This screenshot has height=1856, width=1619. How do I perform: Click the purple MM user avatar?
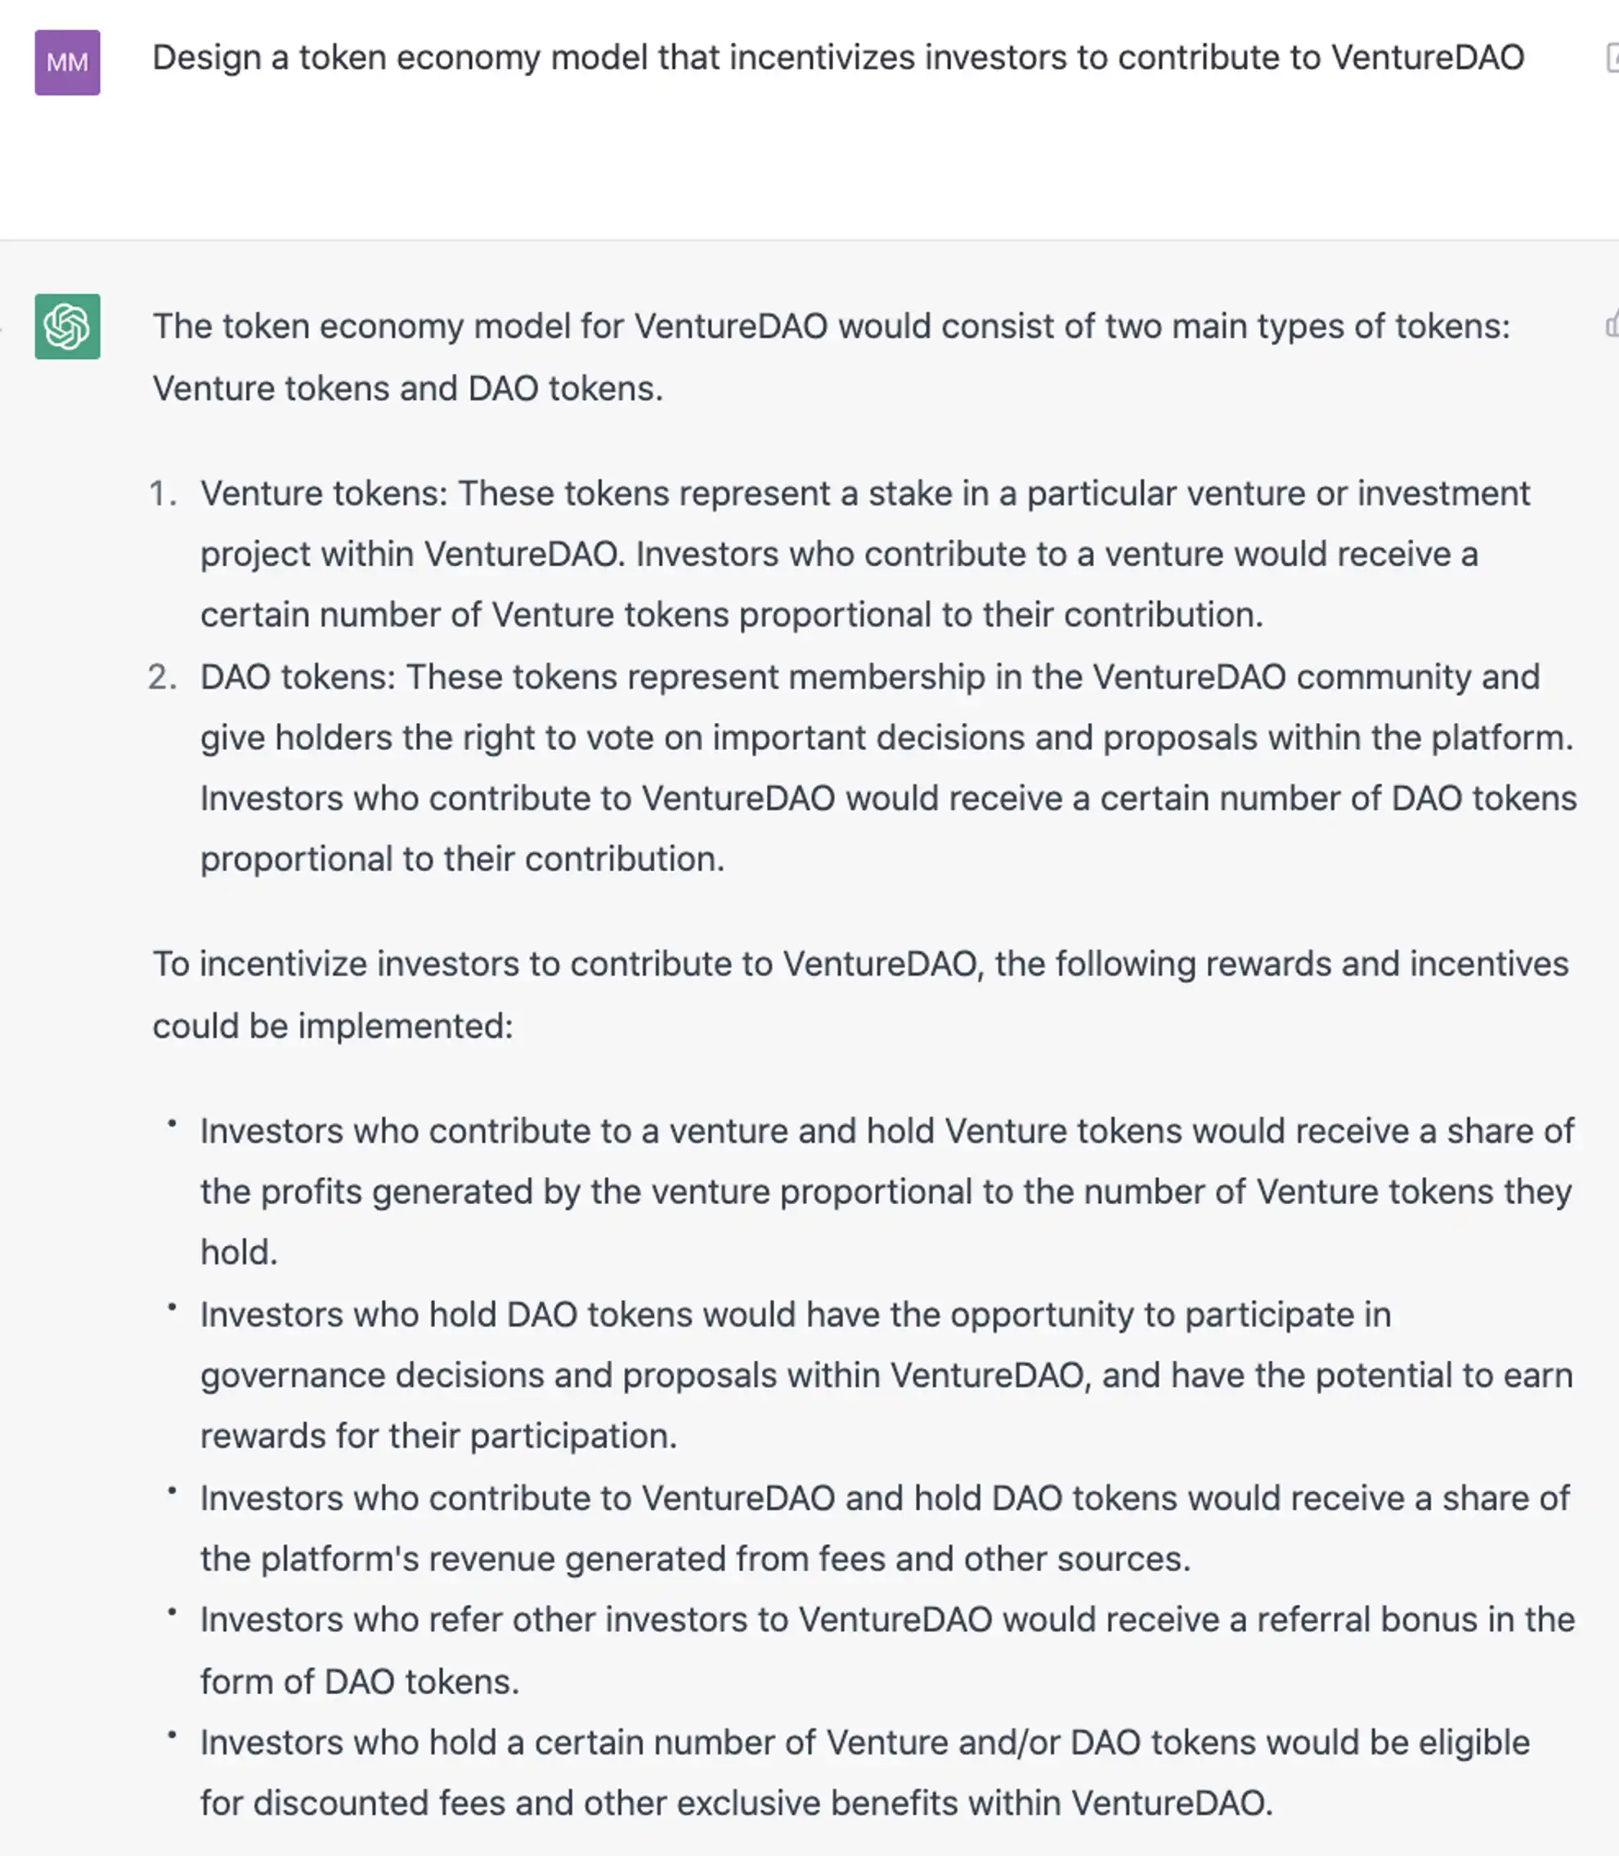point(67,62)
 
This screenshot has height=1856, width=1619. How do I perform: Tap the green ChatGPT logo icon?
point(67,326)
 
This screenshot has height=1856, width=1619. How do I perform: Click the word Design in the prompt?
point(206,58)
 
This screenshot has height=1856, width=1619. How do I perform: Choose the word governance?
point(292,1376)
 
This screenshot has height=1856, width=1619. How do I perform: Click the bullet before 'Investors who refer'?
point(172,1612)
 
